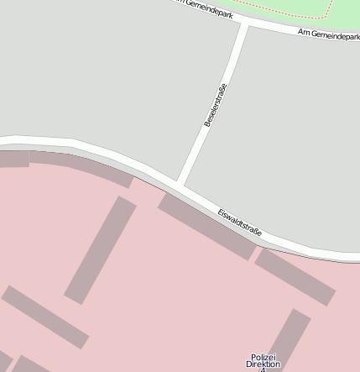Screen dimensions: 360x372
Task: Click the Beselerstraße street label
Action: click(x=216, y=105)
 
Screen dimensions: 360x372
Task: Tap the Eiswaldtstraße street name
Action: click(x=240, y=222)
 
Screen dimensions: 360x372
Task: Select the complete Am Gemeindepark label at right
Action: click(x=328, y=34)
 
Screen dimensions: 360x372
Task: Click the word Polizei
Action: click(x=263, y=357)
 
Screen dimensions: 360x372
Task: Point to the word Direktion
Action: click(x=263, y=364)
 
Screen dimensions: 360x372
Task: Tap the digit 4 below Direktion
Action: click(x=262, y=370)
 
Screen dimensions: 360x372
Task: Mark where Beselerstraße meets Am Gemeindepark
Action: click(x=245, y=25)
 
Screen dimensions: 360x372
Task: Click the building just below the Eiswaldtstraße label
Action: click(x=294, y=275)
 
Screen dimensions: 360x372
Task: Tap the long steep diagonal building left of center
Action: click(x=101, y=249)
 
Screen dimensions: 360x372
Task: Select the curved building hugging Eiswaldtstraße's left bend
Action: click(x=80, y=167)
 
